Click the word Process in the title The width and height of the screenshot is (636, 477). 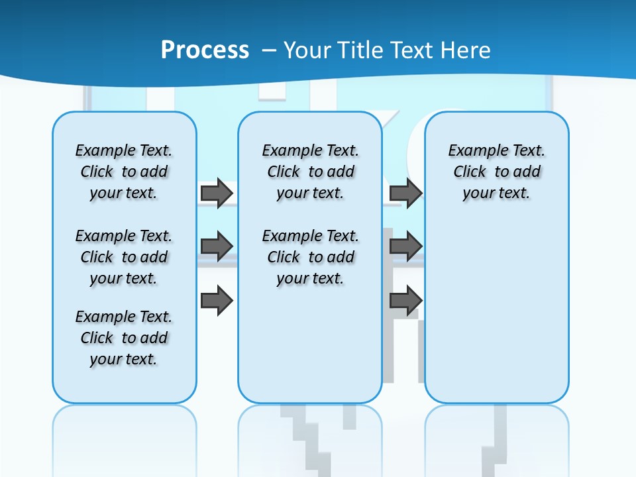pyautogui.click(x=205, y=50)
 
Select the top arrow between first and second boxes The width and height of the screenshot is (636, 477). pyautogui.click(x=217, y=193)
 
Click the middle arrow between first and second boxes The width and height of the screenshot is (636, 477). pyautogui.click(x=217, y=246)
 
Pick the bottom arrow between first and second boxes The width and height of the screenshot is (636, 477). pyautogui.click(x=217, y=301)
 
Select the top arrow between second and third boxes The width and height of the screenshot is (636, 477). pyautogui.click(x=405, y=193)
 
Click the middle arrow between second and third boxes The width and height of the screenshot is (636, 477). pyautogui.click(x=405, y=246)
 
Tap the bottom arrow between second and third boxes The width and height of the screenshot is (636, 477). pyautogui.click(x=405, y=301)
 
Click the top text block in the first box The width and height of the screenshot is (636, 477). pyautogui.click(x=124, y=172)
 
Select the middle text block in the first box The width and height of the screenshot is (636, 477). pyautogui.click(x=124, y=257)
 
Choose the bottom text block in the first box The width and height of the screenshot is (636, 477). pyautogui.click(x=124, y=338)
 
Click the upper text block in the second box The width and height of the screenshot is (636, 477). pyautogui.click(x=310, y=172)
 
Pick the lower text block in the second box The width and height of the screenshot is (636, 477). pyautogui.click(x=310, y=257)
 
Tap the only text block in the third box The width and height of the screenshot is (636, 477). pyautogui.click(x=497, y=172)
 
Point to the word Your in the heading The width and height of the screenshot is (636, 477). pyautogui.click(x=308, y=50)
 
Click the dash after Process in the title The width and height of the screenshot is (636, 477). pyautogui.click(x=269, y=50)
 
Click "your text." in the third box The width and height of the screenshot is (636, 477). pyautogui.click(x=497, y=193)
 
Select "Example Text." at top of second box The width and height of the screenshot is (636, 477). pyautogui.click(x=310, y=150)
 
